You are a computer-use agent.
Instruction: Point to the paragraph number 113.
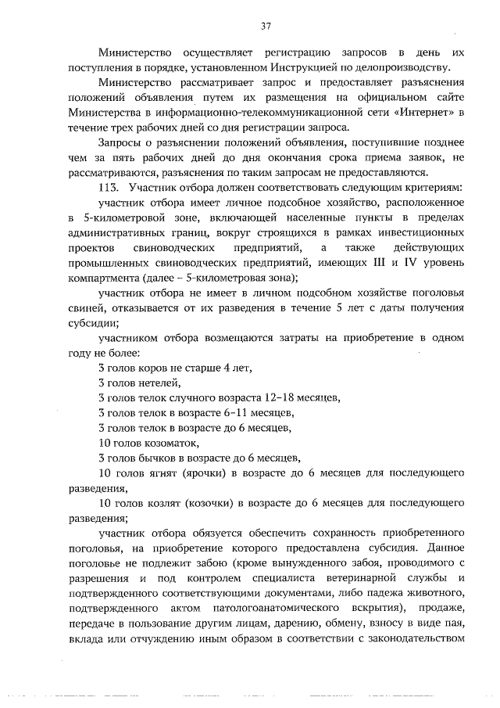(x=109, y=189)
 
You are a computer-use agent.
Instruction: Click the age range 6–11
(x=235, y=412)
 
